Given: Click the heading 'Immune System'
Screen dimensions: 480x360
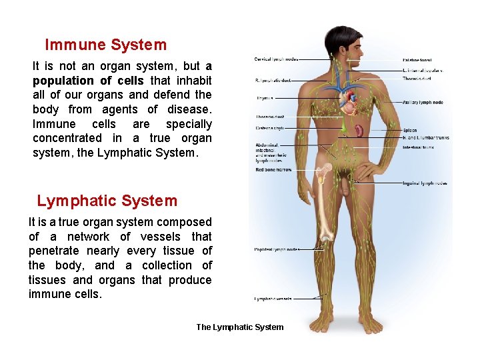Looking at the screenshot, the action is pyautogui.click(x=105, y=45).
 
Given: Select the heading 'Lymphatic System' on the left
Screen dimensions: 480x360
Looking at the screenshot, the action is pyautogui.click(x=107, y=201).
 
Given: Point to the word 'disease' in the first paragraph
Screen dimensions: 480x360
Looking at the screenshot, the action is pyautogui.click(x=188, y=109).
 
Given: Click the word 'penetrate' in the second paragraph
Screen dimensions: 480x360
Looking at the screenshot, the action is pyautogui.click(x=56, y=251).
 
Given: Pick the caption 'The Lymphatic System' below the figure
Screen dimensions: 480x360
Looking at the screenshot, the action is pyautogui.click(x=239, y=327).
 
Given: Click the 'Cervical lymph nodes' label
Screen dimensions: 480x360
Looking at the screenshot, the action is pyautogui.click(x=275, y=59).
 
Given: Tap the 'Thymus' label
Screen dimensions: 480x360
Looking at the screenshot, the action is pyautogui.click(x=265, y=98).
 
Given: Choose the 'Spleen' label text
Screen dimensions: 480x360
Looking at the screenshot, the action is pyautogui.click(x=409, y=131).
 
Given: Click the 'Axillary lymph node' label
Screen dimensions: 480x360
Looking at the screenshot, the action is pyautogui.click(x=423, y=103).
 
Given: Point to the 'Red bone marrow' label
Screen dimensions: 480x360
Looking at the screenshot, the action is pyautogui.click(x=273, y=170).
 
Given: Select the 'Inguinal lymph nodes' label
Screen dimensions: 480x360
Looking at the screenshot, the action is pyautogui.click(x=425, y=183).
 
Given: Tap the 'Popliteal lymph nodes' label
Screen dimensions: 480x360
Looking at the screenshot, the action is pyautogui.click(x=277, y=250).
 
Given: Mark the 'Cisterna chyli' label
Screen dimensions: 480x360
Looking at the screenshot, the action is pyautogui.click(x=269, y=128).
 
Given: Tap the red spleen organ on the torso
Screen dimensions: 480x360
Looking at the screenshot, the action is pyautogui.click(x=359, y=129).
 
